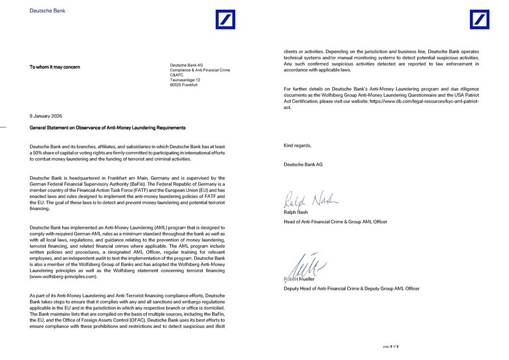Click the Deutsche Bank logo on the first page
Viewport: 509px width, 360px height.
pos(225,19)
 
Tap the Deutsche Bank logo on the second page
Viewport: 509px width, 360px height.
pos(480,19)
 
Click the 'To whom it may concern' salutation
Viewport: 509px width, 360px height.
pos(55,67)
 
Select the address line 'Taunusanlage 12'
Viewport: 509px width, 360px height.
pos(185,80)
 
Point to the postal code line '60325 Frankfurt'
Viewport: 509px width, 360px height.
pos(184,85)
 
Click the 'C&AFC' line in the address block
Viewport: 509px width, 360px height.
pos(177,75)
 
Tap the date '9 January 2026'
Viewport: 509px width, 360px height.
pos(46,116)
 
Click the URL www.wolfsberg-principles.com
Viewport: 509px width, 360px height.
pos(63,276)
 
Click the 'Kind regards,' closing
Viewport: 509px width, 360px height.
pos(297,146)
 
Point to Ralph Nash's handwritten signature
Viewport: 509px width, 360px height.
pos(310,200)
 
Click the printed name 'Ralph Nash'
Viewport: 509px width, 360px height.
pos(295,212)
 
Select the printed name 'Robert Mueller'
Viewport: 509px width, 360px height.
pos(299,279)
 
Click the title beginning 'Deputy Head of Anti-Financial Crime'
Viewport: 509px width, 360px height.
pos(351,288)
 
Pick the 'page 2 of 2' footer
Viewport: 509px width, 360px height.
pos(390,346)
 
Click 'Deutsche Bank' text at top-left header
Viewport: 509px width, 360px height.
pos(47,11)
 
